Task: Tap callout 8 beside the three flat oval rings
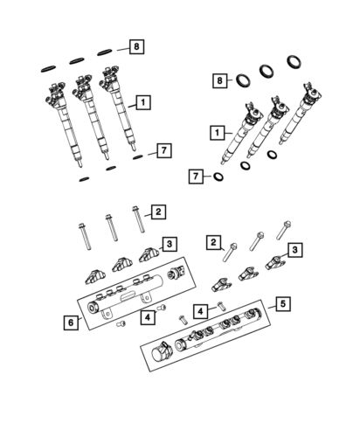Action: coord(135,45)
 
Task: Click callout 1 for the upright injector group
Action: coord(142,101)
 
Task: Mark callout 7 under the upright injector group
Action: coord(162,151)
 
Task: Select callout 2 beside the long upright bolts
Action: coord(157,212)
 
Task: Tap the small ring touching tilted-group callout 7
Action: coord(216,179)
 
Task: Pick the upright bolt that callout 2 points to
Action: coord(137,223)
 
